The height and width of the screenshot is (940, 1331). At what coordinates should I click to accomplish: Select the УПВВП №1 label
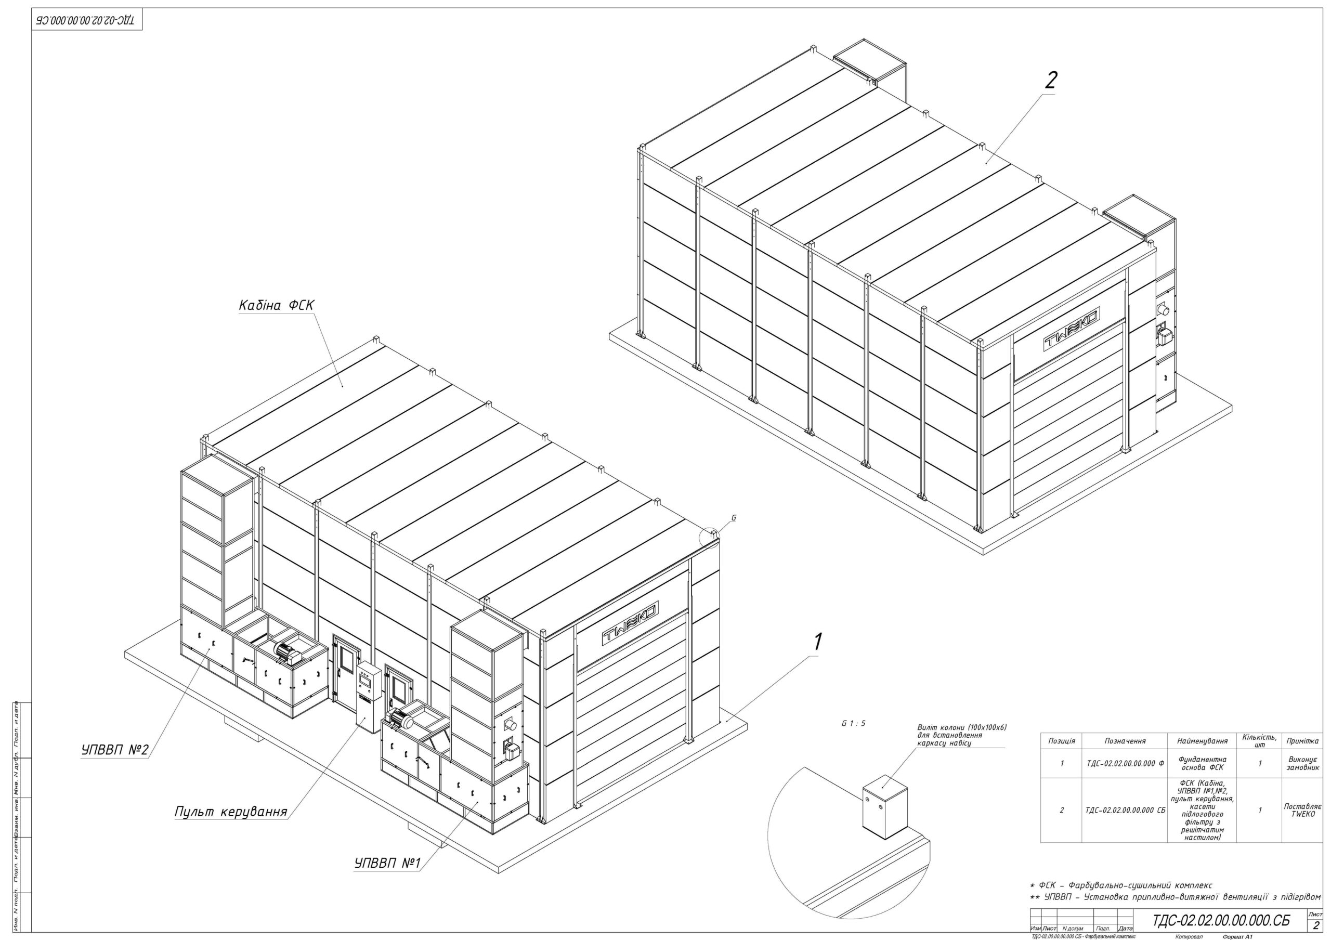[x=387, y=863]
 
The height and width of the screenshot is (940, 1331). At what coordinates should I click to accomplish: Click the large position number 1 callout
[x=818, y=642]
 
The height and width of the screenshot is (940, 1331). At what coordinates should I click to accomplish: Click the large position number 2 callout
[x=1050, y=81]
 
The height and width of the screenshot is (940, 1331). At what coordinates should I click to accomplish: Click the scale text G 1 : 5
[x=853, y=723]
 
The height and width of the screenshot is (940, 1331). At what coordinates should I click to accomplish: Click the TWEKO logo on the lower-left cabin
[x=630, y=623]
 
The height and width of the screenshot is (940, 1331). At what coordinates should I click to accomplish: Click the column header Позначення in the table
[x=1125, y=741]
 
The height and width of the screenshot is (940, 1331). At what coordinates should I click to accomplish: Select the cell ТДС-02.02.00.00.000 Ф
[x=1125, y=763]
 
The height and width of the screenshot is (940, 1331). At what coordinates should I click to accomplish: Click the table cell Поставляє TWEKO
[x=1302, y=810]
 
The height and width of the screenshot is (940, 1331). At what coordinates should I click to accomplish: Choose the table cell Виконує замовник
[x=1302, y=763]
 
